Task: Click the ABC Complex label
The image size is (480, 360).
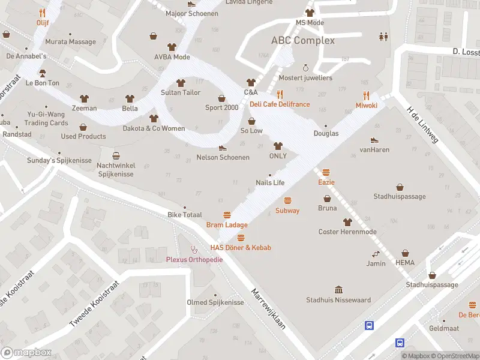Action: [x=303, y=40]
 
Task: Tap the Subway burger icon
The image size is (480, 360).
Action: [x=287, y=200]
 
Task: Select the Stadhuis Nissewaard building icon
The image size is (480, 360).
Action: [x=338, y=289]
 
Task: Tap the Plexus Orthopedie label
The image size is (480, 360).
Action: [x=194, y=259]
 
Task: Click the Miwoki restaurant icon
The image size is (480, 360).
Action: [x=366, y=95]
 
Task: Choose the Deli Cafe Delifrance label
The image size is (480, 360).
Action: [x=280, y=104]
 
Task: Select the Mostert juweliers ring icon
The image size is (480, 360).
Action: [x=305, y=68]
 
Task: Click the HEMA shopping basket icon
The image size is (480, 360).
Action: [x=405, y=253]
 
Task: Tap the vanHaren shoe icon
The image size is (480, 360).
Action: [x=374, y=139]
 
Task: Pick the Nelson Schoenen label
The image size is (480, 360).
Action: [x=223, y=157]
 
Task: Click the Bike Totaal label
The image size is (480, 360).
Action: [x=184, y=215]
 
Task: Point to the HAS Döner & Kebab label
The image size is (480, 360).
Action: [x=241, y=248]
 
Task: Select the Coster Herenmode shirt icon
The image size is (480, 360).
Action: [x=347, y=222]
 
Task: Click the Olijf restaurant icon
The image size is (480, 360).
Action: [x=42, y=13]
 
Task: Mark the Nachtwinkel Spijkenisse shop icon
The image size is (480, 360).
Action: [x=116, y=155]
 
